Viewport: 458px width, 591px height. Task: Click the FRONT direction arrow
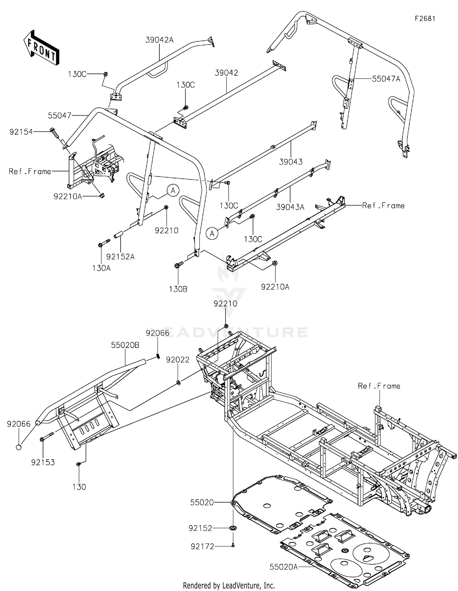(x=41, y=48)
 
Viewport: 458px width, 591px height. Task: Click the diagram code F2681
(x=425, y=19)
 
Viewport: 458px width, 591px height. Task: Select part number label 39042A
(x=159, y=40)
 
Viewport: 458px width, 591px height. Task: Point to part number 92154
(x=21, y=132)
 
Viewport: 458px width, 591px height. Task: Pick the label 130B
(x=178, y=289)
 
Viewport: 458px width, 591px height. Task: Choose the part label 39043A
(x=290, y=207)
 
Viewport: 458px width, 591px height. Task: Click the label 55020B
(x=125, y=345)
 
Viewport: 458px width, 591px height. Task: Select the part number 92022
(x=178, y=360)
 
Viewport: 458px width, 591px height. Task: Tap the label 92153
(x=43, y=462)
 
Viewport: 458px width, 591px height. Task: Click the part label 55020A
(x=283, y=567)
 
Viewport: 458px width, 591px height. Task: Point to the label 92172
(x=202, y=547)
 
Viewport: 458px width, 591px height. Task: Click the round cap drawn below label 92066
(x=19, y=447)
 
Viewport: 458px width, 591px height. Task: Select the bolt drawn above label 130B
(x=179, y=265)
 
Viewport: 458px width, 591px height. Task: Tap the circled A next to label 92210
(x=173, y=191)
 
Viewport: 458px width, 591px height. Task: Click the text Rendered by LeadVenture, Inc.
(x=229, y=585)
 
